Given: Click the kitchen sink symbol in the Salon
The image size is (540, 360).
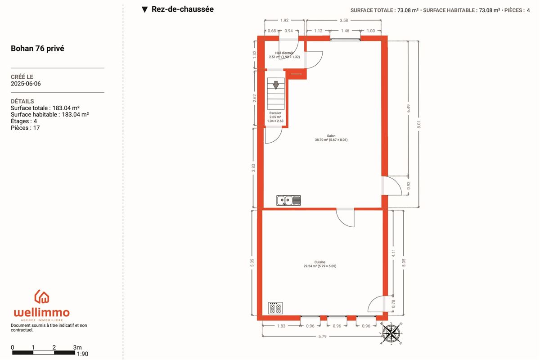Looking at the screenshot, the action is point(288,200).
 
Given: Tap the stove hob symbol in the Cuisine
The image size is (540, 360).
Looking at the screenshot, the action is point(275,308).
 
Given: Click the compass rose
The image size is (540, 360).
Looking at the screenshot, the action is point(391,333).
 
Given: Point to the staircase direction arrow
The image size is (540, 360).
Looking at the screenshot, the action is point(276,85).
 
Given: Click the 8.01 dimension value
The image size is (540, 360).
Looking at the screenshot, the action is point(419,124).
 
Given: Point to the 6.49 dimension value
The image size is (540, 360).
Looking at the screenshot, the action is point(409,108).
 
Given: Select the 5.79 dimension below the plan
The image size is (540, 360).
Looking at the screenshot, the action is point(322,336).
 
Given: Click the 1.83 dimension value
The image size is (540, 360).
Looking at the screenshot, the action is point(281,326).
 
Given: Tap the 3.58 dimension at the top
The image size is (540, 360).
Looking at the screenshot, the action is point(344,20).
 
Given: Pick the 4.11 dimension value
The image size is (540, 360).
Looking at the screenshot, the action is point(393,253).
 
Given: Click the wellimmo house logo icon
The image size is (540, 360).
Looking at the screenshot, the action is point(42,297).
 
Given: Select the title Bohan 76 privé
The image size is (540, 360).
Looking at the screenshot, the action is point(37,49).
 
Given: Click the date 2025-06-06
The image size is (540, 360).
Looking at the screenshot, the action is point(26,84).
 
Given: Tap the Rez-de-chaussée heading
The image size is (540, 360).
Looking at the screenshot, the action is point(183,9).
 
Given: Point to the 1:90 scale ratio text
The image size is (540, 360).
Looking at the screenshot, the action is point(83,354).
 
